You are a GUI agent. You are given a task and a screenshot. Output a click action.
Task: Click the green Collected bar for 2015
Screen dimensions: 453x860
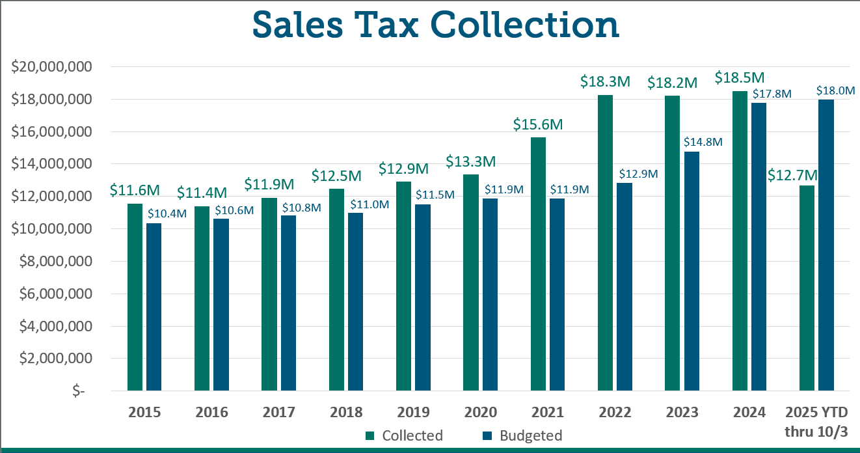coord(135,297)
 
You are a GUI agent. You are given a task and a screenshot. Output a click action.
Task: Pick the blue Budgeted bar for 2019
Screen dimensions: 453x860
coord(422,297)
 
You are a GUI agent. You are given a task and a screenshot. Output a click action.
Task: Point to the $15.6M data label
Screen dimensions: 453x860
coord(538,124)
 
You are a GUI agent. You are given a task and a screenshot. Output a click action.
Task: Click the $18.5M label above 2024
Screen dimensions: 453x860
coord(739,78)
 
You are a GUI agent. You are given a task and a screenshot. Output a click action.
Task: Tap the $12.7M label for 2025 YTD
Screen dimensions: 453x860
coord(792,175)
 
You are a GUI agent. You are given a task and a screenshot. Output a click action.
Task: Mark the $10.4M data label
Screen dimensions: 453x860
coord(167,213)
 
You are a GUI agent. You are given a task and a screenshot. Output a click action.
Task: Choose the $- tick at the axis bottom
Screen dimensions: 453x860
coord(78,391)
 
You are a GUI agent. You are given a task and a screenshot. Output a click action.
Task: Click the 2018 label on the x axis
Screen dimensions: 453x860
coord(345,413)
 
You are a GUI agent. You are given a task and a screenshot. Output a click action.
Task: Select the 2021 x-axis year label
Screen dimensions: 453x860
coord(547,413)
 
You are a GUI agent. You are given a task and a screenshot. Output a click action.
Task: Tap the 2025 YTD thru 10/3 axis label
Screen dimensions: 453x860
coord(820,422)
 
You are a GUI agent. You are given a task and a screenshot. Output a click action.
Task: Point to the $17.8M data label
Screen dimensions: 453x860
coord(772,93)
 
